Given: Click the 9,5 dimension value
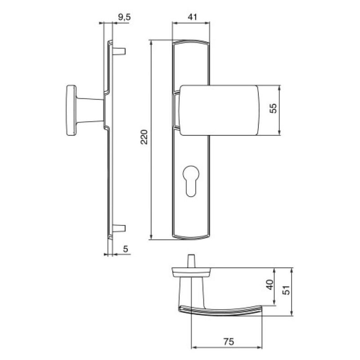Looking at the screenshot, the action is coord(124,17).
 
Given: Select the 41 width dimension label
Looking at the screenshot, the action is coord(193,17).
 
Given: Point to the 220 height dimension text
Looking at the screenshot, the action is coord(144,137).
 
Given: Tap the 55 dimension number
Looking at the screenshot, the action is coord(273,108).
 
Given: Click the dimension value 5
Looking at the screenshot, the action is coord(126,249).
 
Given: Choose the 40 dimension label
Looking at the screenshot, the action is coord(270,285).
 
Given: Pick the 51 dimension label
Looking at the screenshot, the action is coord(287,290).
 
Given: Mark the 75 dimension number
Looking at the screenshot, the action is coord(229,342).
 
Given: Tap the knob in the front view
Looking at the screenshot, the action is coord(219,110).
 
